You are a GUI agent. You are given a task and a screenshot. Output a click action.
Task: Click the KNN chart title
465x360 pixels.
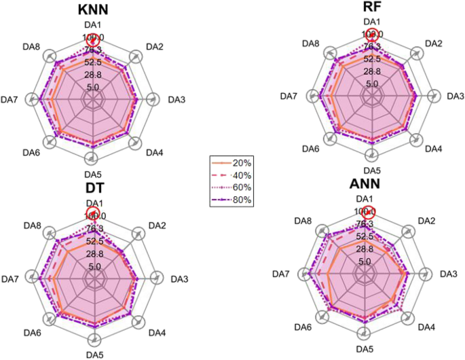[x=92, y=10]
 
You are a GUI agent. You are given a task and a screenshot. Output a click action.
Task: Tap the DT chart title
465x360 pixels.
[x=91, y=187]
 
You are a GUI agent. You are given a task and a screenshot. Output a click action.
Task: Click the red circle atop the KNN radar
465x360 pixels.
[x=94, y=39]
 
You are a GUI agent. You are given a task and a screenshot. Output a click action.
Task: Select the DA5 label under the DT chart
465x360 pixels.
[x=94, y=354]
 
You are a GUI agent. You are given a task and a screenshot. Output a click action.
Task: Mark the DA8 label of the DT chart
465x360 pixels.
[x=31, y=225]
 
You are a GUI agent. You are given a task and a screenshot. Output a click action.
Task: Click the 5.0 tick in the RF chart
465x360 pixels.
[x=371, y=84]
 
